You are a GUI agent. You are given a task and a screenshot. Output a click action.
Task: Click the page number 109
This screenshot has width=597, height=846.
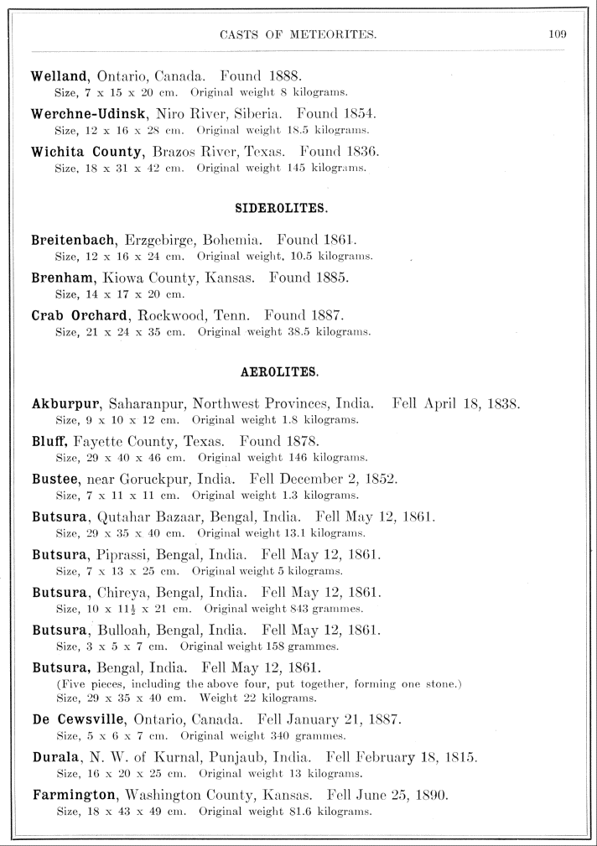click(x=558, y=34)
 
